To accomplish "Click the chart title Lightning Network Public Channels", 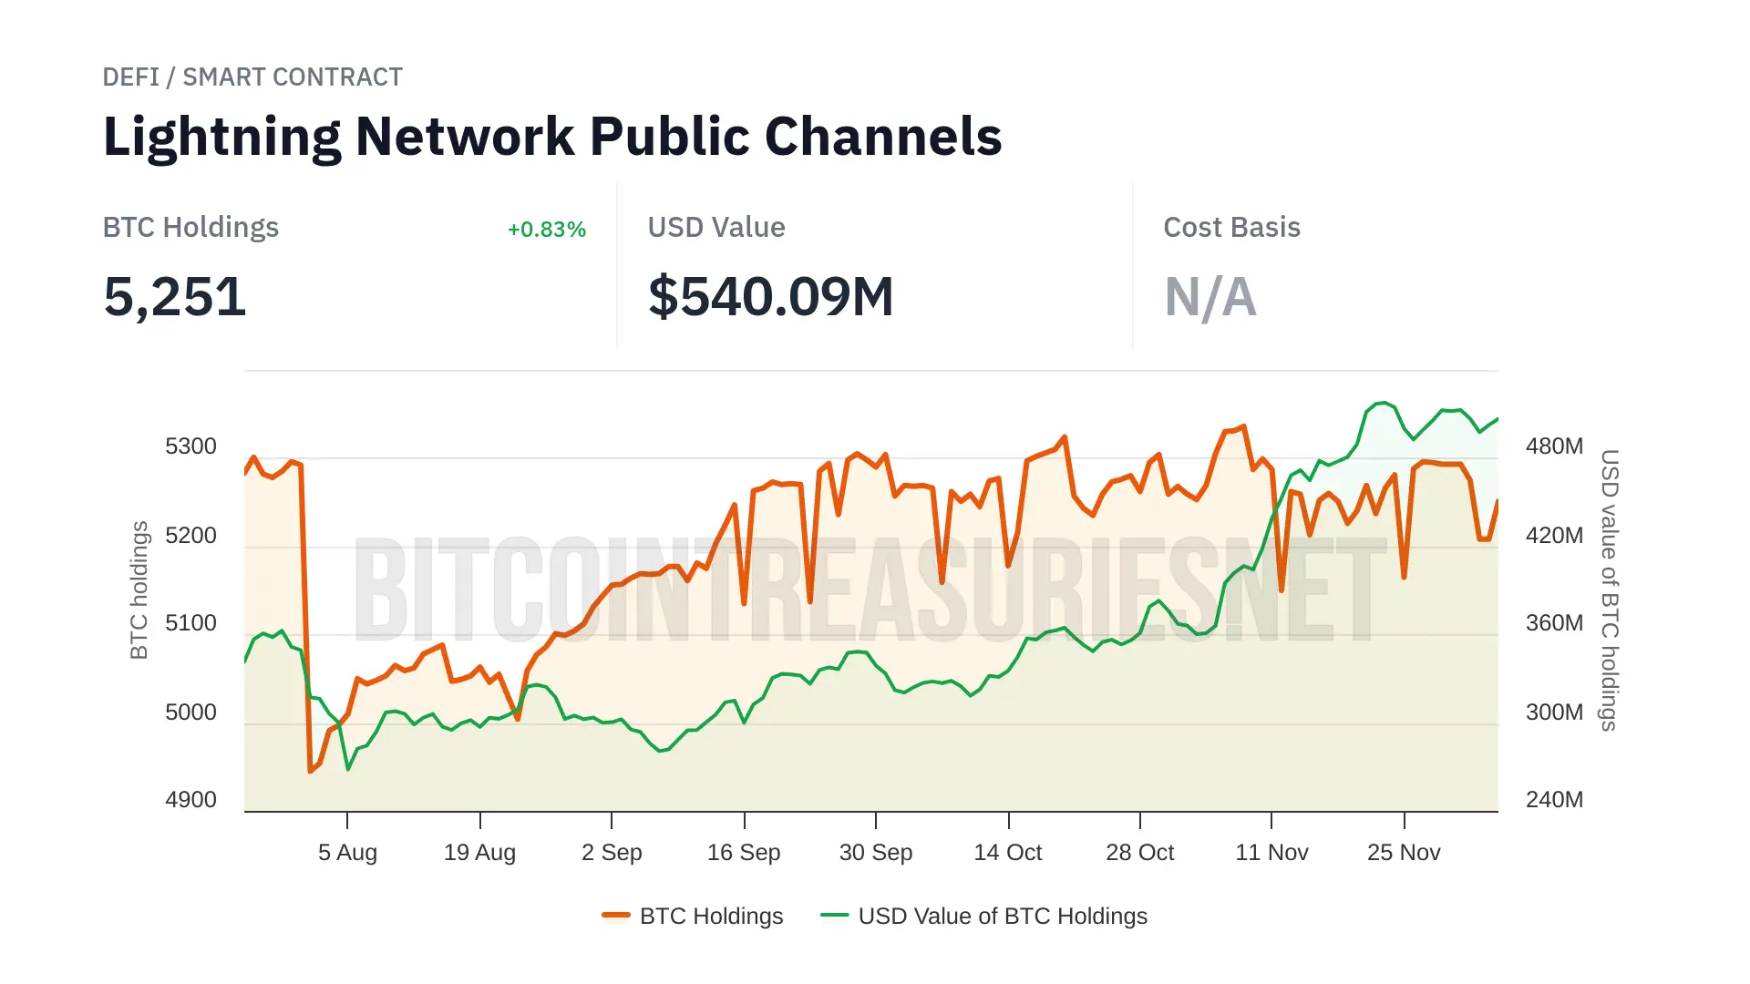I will click(x=552, y=137).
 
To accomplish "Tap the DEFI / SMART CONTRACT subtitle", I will click(x=252, y=77).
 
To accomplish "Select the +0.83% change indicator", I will click(x=546, y=230).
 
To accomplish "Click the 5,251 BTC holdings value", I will click(x=175, y=297).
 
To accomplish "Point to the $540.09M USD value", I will click(x=770, y=297).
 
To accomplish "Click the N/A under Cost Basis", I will click(x=1210, y=297).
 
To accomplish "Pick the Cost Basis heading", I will click(x=1231, y=228).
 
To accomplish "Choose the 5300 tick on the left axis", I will click(x=190, y=446).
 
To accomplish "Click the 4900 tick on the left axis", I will click(x=190, y=800).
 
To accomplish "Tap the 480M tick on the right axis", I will click(x=1554, y=446).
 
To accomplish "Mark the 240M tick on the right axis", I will click(x=1554, y=800).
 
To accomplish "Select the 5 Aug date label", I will click(x=347, y=853).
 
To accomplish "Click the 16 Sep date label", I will click(x=744, y=853).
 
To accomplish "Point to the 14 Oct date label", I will click(x=1007, y=853).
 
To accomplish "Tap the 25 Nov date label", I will click(x=1404, y=853).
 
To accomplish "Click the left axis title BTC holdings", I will click(x=139, y=589).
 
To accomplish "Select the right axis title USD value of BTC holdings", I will click(x=1610, y=589).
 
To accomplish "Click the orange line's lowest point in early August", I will click(x=311, y=771).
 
